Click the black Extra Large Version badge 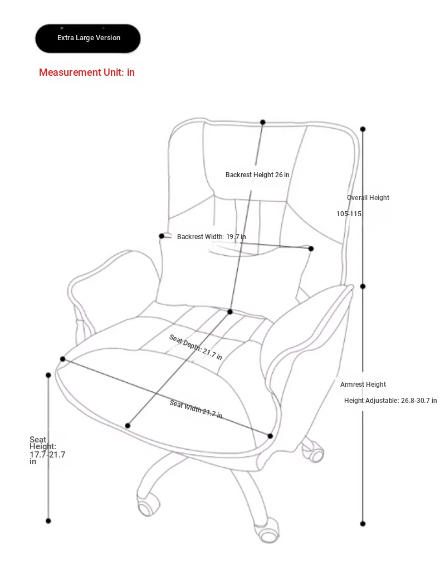[88, 38]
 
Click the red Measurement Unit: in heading [87, 72]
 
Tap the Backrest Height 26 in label [257, 174]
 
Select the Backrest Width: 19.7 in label [212, 237]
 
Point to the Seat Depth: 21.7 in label [195, 347]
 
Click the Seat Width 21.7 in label [196, 409]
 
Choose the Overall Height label [368, 198]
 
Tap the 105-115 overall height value [349, 214]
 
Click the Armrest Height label [363, 385]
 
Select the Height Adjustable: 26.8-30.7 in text [390, 401]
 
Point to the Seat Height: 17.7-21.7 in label [47, 450]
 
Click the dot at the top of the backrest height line [263, 122]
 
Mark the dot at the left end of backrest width [162, 236]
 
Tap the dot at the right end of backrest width [311, 249]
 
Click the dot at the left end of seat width [63, 359]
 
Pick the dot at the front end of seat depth [128, 426]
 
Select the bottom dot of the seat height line [48, 521]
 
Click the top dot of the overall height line [363, 129]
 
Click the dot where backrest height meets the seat [230, 312]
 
